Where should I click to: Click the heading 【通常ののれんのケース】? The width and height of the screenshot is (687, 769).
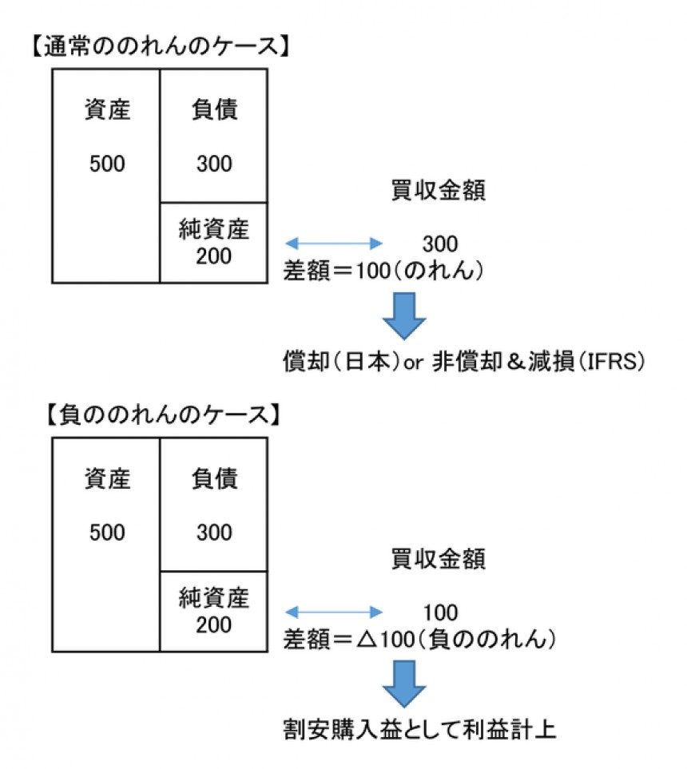coord(160,46)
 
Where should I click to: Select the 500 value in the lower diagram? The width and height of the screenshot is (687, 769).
coord(107,532)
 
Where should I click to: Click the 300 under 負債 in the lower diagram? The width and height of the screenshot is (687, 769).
coord(214,532)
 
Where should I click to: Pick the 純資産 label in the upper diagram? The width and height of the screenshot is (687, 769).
coord(214,231)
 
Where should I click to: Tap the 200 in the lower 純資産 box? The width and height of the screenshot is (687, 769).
coord(214,624)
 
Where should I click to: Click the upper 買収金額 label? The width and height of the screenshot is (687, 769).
coord(439,192)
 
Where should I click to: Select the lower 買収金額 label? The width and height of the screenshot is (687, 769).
coord(439,559)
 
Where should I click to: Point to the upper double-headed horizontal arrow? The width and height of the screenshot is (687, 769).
coord(334,243)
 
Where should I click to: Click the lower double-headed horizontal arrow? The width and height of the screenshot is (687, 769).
coord(334,612)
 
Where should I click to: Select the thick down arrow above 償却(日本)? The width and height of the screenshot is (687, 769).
coord(404,314)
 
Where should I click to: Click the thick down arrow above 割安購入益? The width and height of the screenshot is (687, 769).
coord(404,683)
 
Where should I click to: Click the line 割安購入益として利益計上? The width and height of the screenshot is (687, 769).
coord(419,729)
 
